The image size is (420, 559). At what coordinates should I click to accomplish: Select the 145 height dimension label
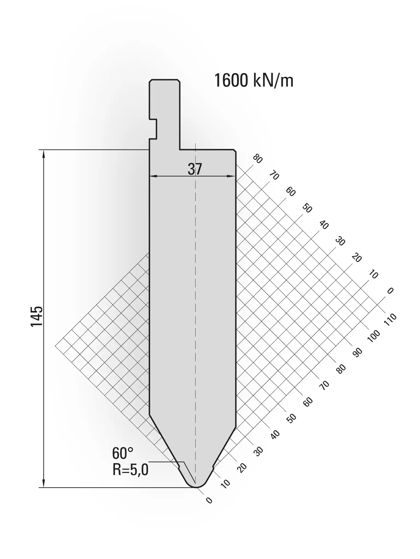37,316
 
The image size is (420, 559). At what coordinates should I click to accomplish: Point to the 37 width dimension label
195,169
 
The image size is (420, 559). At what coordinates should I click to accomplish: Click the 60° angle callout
122,453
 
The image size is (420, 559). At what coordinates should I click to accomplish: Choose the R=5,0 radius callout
130,470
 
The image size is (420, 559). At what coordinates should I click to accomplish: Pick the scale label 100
374,336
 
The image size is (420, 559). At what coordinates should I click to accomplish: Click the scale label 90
357,352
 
